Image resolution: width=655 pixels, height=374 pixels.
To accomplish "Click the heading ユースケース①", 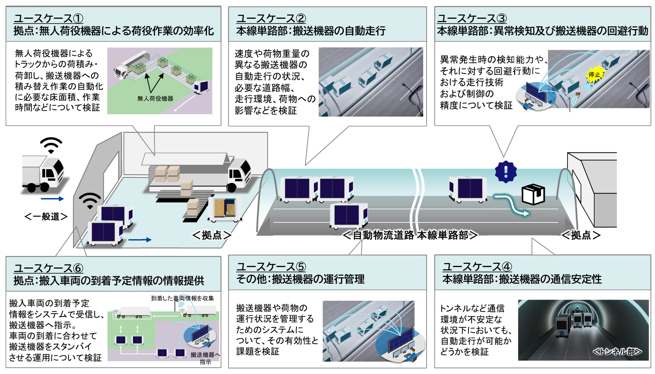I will pyautogui.click(x=49, y=18).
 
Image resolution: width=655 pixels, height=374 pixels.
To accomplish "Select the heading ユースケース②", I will pyautogui.click(x=271, y=18).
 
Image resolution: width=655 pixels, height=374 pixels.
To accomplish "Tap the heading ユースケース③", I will pyautogui.click(x=472, y=18).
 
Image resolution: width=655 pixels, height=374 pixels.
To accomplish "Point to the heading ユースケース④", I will pyautogui.click(x=477, y=267).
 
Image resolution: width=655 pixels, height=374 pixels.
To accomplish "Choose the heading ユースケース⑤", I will pyautogui.click(x=271, y=267).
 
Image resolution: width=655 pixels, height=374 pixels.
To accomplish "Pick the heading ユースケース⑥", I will pyautogui.click(x=49, y=268).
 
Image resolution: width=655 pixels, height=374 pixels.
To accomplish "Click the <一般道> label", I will pyautogui.click(x=46, y=216).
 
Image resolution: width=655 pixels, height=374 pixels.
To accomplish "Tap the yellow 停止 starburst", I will pyautogui.click(x=595, y=74).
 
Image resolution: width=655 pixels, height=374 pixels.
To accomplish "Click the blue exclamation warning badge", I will pyautogui.click(x=506, y=172).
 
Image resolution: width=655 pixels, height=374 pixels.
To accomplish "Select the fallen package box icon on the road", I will pyautogui.click(x=533, y=194).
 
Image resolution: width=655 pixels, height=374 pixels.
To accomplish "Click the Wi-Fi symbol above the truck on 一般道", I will pyautogui.click(x=51, y=145).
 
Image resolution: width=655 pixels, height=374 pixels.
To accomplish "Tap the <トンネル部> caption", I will pyautogui.click(x=617, y=352).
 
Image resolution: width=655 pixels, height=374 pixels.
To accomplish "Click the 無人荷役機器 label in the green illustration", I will pyautogui.click(x=155, y=99).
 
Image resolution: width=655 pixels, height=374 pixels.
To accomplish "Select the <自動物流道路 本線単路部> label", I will pyautogui.click(x=410, y=235).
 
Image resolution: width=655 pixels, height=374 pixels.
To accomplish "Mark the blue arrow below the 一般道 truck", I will pyautogui.click(x=52, y=199).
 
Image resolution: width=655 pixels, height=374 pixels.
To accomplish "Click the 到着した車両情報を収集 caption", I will pyautogui.click(x=182, y=298).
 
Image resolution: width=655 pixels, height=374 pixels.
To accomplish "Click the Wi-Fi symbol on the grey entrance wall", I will pyautogui.click(x=90, y=200).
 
